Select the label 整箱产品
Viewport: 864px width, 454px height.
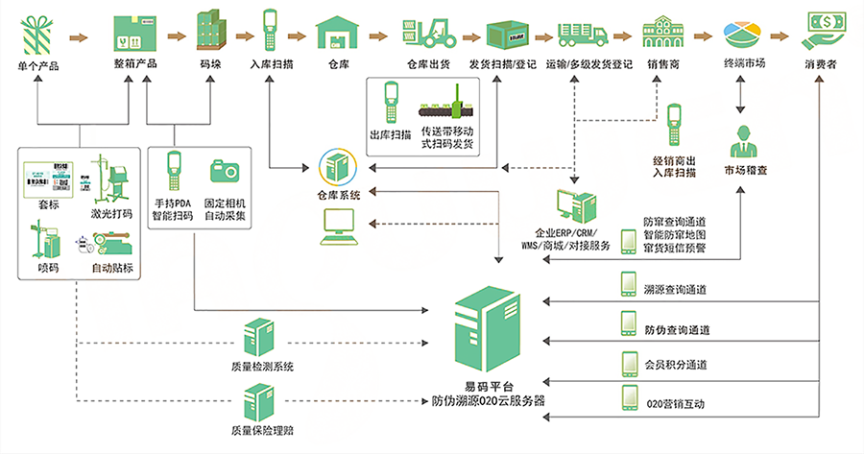click(135, 64)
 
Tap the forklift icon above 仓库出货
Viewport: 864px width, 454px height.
click(428, 32)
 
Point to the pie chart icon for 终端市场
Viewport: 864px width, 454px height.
click(744, 33)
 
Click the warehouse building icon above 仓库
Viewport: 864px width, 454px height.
click(338, 33)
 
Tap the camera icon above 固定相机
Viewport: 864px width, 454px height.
click(225, 171)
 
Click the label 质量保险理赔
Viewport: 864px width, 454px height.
click(262, 430)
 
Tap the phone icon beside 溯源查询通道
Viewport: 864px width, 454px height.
click(629, 284)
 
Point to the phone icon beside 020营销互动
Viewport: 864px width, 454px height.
click(629, 396)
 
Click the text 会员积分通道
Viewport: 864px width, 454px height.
click(676, 365)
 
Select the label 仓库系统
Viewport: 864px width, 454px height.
click(338, 196)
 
